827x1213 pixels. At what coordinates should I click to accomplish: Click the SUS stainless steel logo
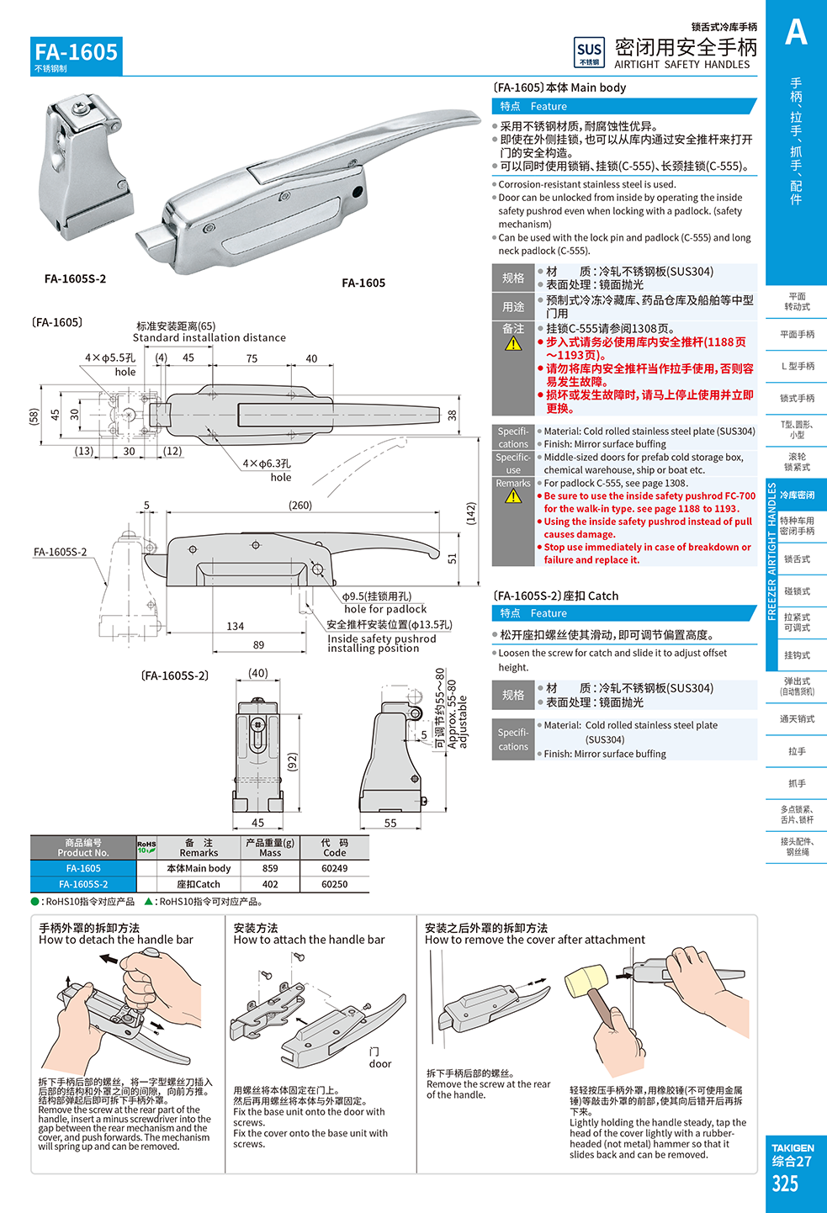click(x=589, y=53)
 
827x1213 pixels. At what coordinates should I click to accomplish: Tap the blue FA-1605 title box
click(x=77, y=56)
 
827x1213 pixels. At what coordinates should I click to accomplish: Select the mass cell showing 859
click(x=270, y=868)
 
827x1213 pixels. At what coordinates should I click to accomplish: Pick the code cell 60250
click(x=334, y=884)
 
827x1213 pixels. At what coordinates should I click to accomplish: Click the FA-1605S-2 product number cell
click(x=83, y=884)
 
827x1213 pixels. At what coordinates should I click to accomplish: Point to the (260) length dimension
click(x=300, y=506)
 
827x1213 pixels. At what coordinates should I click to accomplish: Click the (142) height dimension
click(x=471, y=514)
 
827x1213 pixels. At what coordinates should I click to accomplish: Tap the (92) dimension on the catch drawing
click(x=293, y=762)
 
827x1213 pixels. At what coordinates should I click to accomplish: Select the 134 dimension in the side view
click(x=236, y=626)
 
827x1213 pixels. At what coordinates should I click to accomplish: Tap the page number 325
click(x=785, y=1184)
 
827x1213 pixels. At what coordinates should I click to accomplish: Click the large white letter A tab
click(x=796, y=33)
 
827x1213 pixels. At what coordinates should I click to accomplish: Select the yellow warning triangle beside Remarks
click(x=513, y=496)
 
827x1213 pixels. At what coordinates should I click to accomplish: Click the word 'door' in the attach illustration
click(x=380, y=1063)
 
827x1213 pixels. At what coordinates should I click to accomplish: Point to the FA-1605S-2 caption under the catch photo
click(x=76, y=279)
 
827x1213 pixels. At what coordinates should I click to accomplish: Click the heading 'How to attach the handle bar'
click(x=309, y=940)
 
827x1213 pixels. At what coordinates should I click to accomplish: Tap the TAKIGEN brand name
click(x=793, y=1147)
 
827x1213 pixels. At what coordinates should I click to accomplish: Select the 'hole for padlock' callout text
click(x=385, y=609)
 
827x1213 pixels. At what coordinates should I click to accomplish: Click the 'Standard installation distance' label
click(x=209, y=337)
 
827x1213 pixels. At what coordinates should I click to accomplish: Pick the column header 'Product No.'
click(x=83, y=852)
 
